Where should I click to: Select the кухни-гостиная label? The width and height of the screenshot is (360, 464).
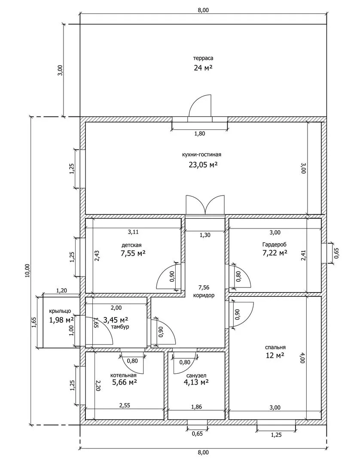pyautogui.click(x=203, y=154)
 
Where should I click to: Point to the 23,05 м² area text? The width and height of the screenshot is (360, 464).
pyautogui.click(x=203, y=164)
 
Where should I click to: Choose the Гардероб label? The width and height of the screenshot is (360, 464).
pyautogui.click(x=275, y=244)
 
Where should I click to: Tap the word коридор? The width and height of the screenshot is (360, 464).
pyautogui.click(x=204, y=296)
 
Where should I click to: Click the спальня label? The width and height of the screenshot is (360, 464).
pyautogui.click(x=275, y=347)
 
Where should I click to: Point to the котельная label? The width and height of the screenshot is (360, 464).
pyautogui.click(x=123, y=375)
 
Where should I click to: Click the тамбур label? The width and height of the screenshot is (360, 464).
pyautogui.click(x=120, y=327)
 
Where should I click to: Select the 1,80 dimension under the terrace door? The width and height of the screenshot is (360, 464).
pyautogui.click(x=200, y=134)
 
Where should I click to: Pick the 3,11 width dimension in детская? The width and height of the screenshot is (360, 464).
pyautogui.click(x=133, y=232)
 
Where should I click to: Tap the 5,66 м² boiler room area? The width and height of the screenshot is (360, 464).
pyautogui.click(x=125, y=382)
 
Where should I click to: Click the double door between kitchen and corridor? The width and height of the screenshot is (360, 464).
pyautogui.click(x=205, y=205)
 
